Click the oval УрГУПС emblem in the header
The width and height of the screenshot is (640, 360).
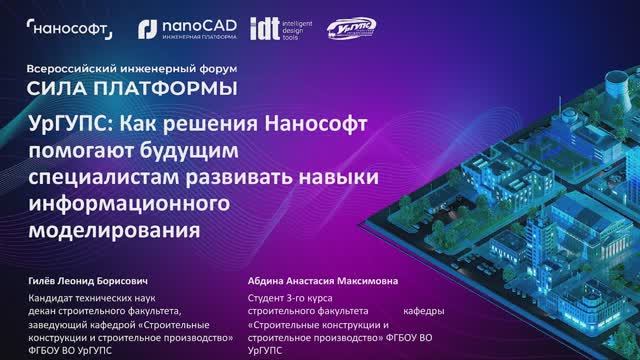point(351,31)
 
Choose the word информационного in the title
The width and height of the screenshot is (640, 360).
point(131,202)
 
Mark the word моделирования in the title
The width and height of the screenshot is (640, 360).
point(109,228)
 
